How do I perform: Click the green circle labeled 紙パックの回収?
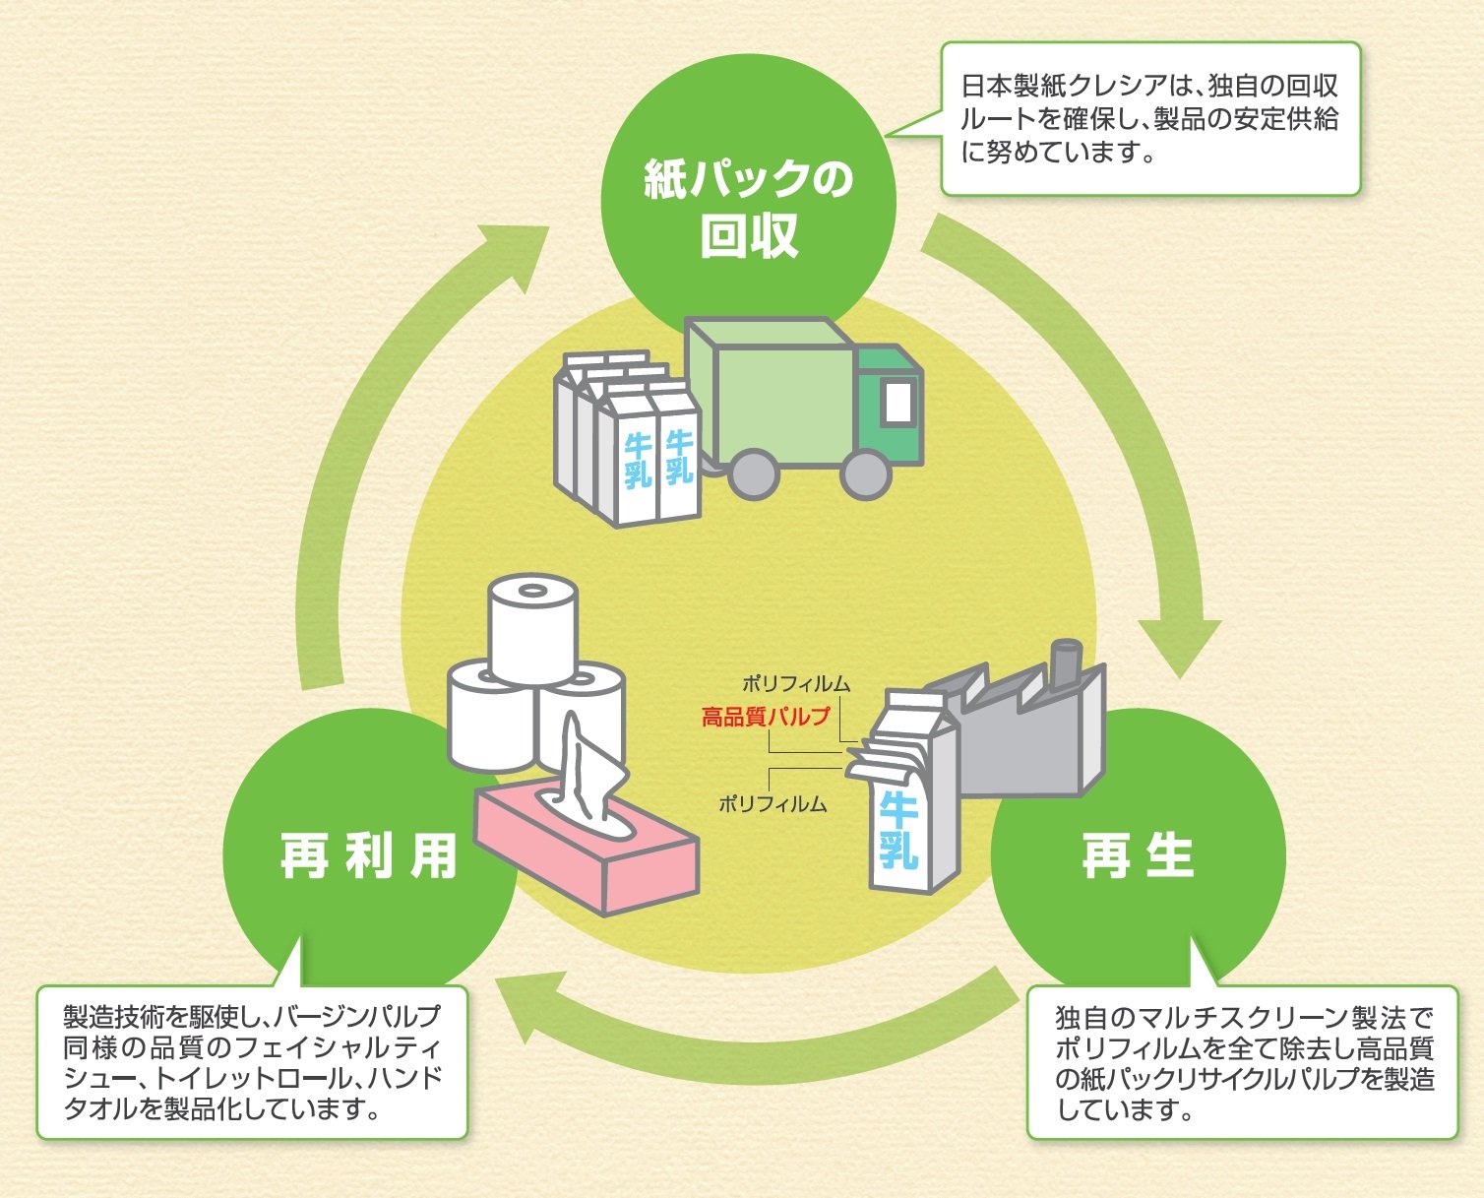[x=748, y=202]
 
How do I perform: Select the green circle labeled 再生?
[x=1138, y=854]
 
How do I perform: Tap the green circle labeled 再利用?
[x=369, y=854]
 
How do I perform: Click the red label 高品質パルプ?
[x=766, y=717]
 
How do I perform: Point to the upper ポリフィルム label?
[x=796, y=683]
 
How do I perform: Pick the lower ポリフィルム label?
[x=773, y=804]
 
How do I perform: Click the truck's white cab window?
[x=898, y=401]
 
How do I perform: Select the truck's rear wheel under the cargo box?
[x=753, y=474]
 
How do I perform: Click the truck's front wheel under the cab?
[x=866, y=474]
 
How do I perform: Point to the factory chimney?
[x=1065, y=662]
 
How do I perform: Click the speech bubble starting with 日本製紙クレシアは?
[x=1149, y=118]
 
